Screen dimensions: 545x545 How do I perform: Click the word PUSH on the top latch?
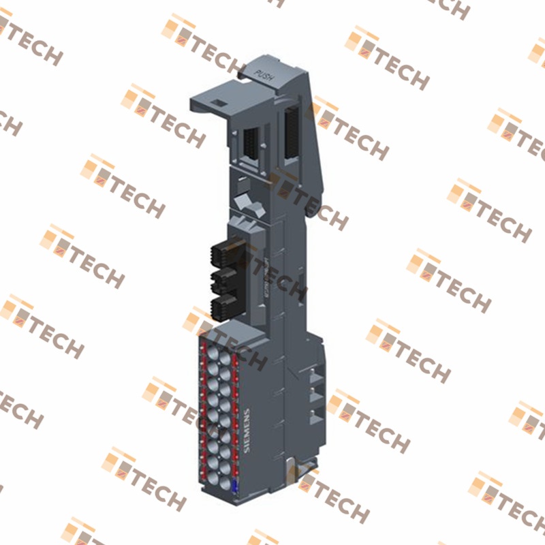pyautogui.click(x=264, y=76)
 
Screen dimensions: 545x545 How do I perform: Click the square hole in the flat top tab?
pyautogui.click(x=220, y=104)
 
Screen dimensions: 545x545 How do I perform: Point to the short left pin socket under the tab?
pyautogui.click(x=250, y=145)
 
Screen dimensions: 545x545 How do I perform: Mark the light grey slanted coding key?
pyautogui.click(x=245, y=202)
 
